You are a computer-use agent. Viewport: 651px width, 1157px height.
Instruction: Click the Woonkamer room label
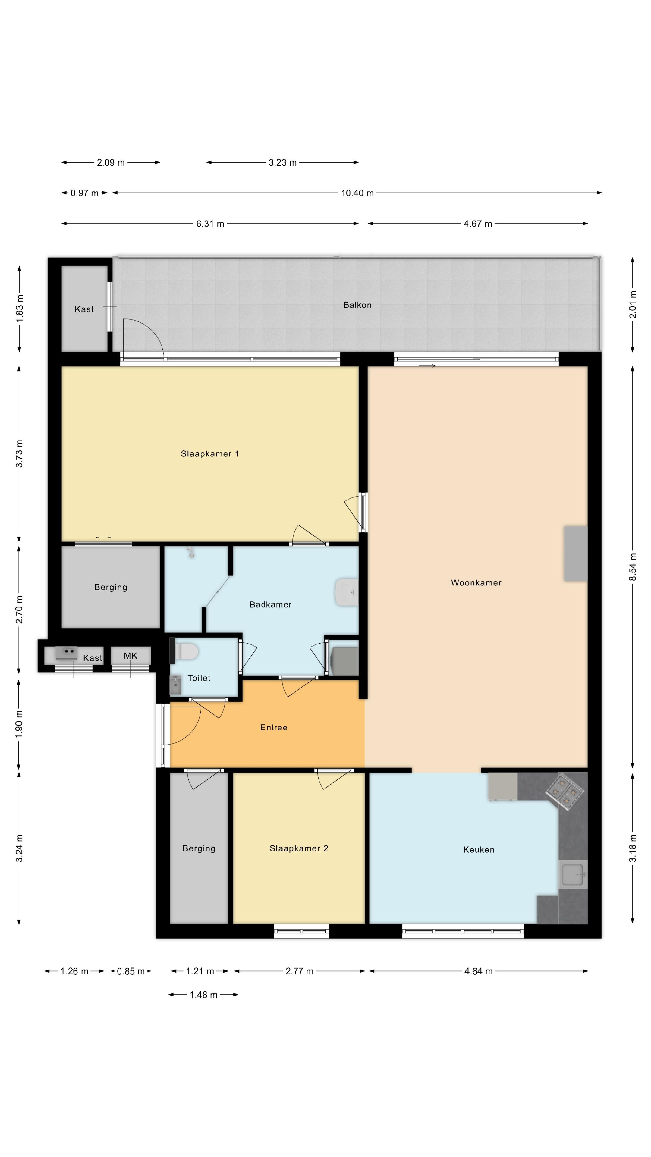476,582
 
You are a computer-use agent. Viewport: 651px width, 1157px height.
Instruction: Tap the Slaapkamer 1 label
210,454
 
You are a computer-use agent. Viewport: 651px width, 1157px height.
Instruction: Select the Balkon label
357,305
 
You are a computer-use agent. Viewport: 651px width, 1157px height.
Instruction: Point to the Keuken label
479,849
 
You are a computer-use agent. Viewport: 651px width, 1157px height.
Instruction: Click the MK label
130,656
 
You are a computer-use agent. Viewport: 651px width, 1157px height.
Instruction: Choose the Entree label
274,727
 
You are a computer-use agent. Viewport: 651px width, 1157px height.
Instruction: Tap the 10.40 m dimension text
357,193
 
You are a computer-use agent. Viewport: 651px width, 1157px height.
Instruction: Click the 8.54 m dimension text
633,566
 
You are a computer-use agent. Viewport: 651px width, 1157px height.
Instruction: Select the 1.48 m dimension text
203,995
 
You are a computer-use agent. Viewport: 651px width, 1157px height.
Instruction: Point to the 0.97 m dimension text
84,193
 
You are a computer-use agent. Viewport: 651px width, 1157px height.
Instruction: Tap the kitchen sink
573,874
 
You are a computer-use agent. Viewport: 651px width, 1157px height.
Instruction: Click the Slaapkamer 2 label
299,848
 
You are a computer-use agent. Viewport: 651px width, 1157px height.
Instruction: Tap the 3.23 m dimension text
283,163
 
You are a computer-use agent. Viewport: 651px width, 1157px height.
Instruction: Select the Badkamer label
270,604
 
